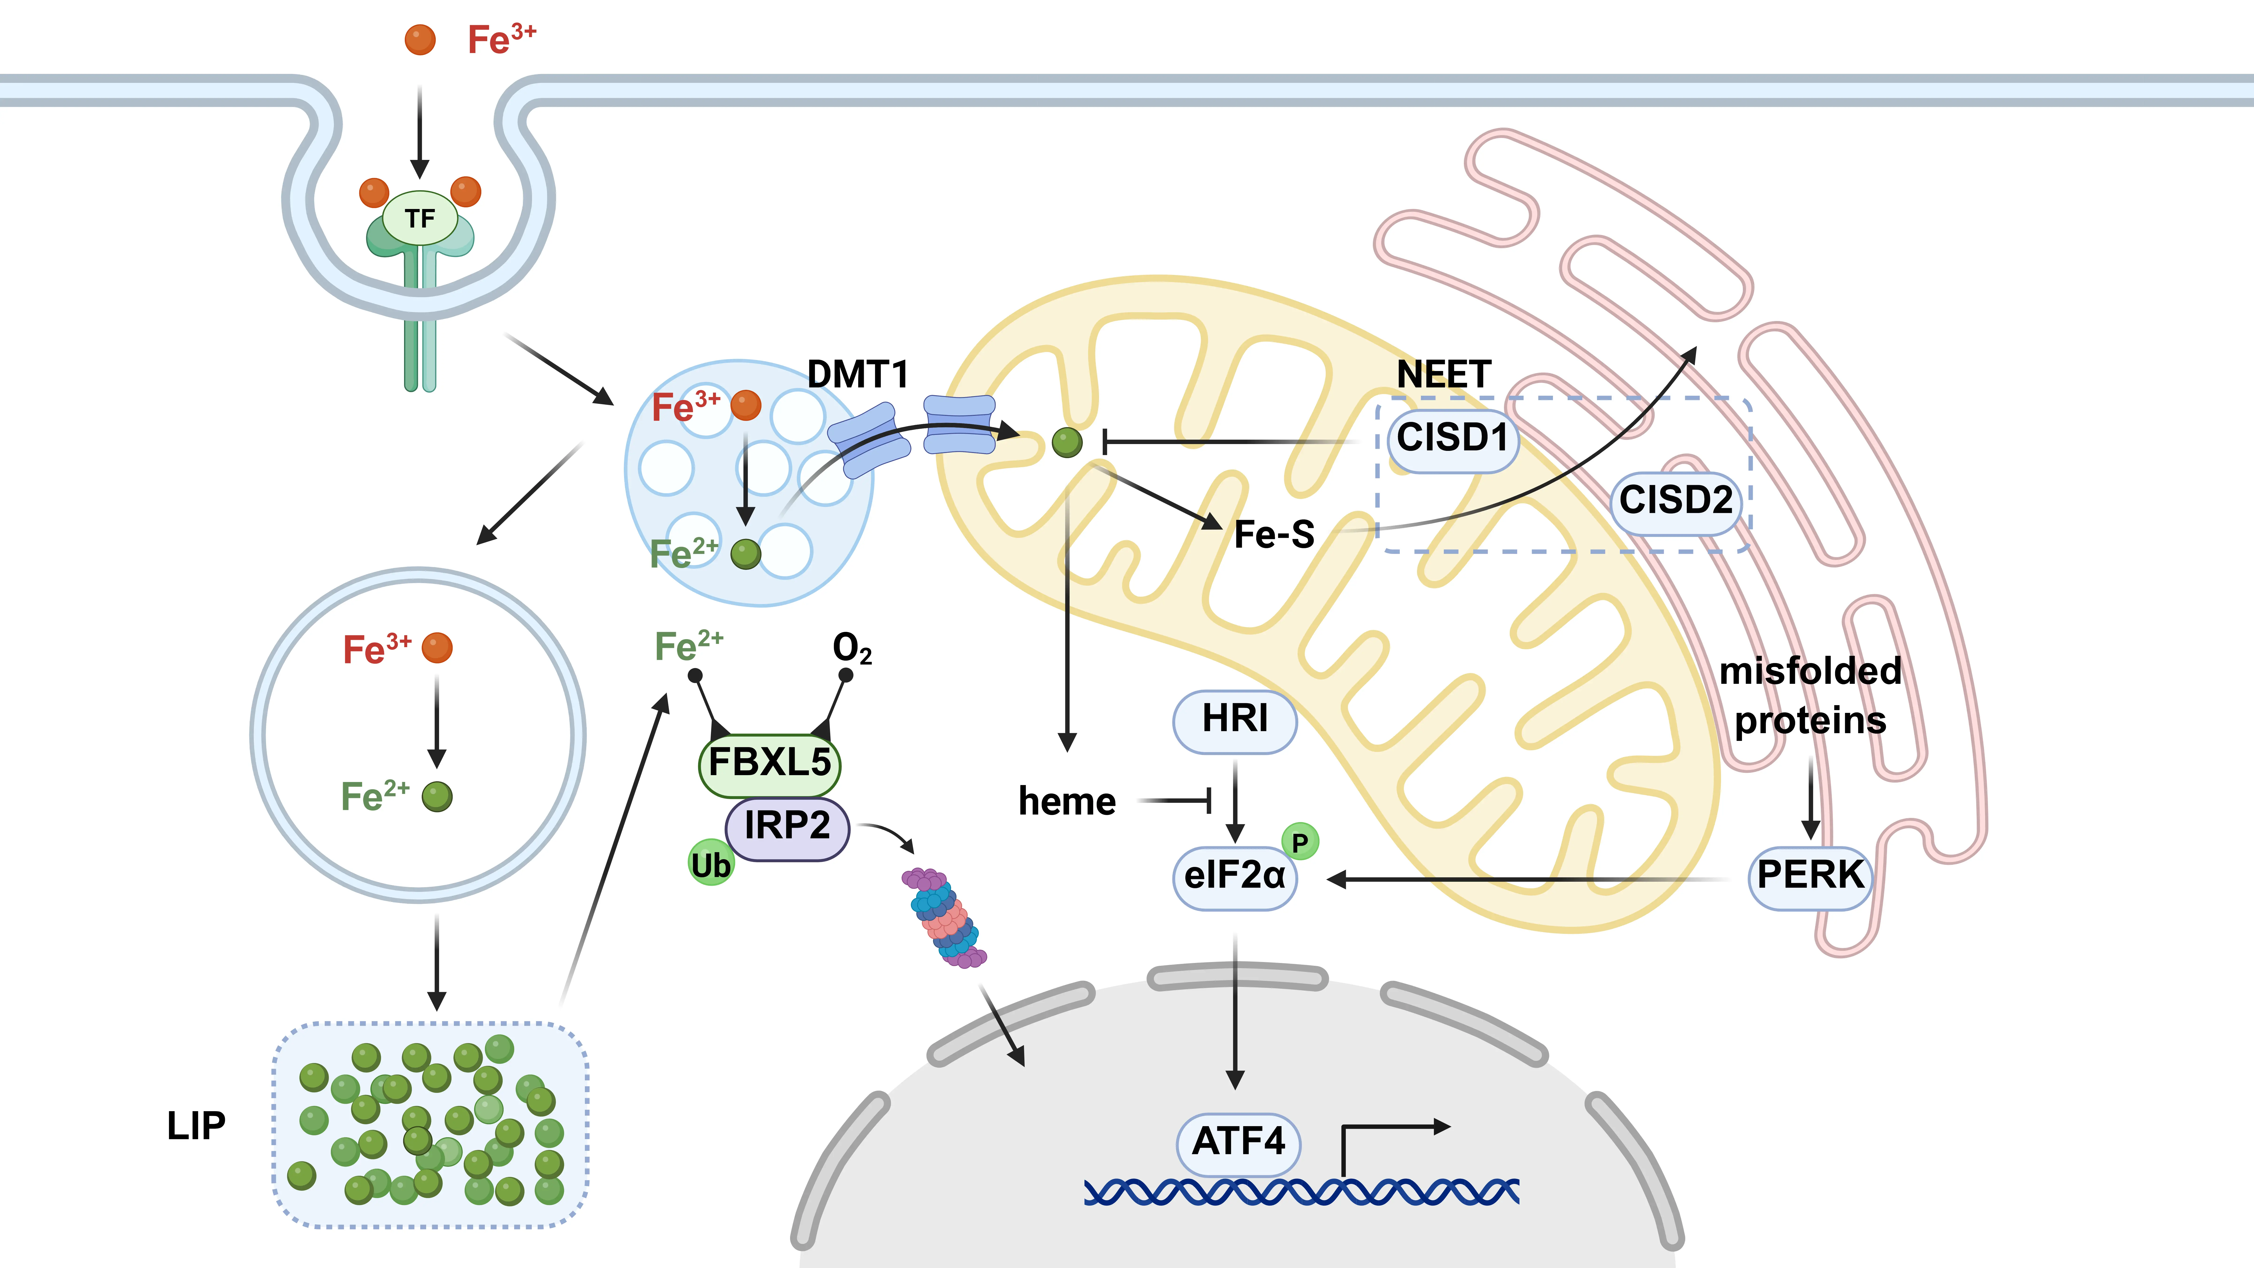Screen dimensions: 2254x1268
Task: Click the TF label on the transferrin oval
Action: click(x=420, y=218)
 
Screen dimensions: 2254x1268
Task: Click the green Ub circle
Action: click(x=710, y=864)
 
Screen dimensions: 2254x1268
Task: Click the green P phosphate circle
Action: click(x=1300, y=842)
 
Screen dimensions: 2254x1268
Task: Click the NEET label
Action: click(x=1444, y=375)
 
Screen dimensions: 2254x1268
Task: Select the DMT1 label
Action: click(x=857, y=375)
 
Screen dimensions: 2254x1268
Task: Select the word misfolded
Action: click(x=1810, y=671)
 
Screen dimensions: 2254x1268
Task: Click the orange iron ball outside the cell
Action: click(x=420, y=39)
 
